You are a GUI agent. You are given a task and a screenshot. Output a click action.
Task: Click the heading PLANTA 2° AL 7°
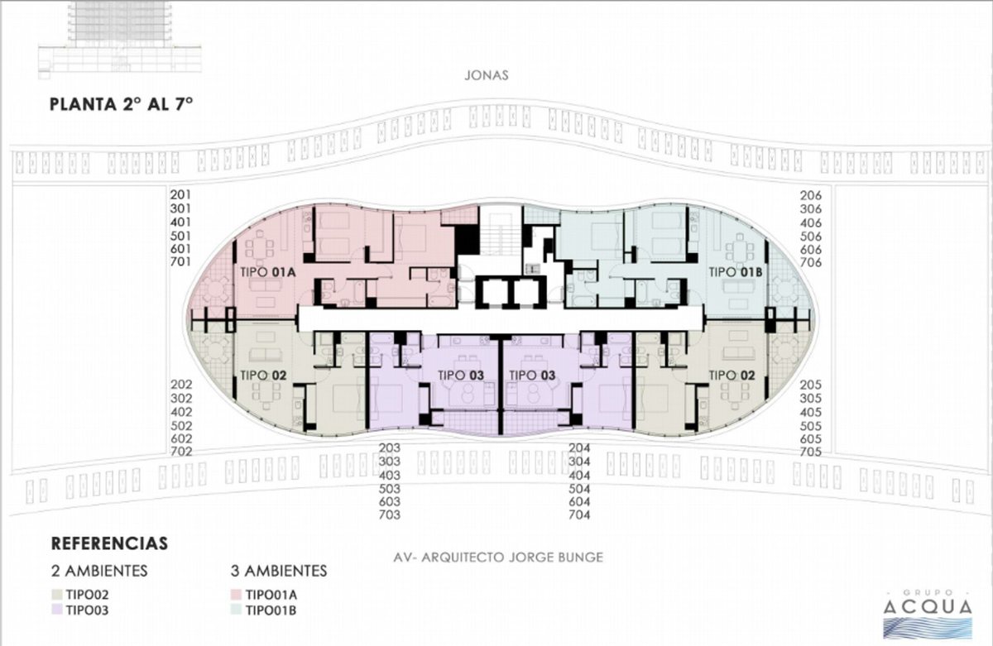tap(121, 104)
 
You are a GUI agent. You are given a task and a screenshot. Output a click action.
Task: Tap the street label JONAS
tap(487, 75)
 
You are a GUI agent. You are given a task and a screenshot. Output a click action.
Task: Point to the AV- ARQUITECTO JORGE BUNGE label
tap(498, 557)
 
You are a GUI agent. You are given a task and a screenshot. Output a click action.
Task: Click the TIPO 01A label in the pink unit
tap(268, 272)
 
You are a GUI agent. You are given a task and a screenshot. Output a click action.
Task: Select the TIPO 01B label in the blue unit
tap(736, 272)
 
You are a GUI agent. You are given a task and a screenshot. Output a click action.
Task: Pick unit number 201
tap(180, 194)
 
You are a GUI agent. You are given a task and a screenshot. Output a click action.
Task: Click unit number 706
tap(811, 263)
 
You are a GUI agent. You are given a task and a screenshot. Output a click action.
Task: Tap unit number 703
tap(390, 514)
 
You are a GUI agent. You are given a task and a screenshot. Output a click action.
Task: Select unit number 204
tap(579, 448)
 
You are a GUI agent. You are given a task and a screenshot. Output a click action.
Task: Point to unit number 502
tap(181, 426)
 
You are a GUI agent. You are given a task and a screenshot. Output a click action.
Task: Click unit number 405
tap(811, 412)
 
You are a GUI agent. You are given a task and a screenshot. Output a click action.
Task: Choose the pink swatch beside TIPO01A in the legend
tap(236, 594)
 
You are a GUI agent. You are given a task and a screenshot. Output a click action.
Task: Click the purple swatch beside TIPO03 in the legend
tap(57, 610)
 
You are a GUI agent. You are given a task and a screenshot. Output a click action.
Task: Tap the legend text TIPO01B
tap(271, 610)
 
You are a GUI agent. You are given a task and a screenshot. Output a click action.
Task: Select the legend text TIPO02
tap(88, 595)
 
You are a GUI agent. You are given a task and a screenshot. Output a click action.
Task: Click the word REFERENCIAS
tap(109, 543)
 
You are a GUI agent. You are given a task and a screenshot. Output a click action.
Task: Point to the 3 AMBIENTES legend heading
tap(279, 571)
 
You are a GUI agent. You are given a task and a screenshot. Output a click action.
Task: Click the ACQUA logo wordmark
tap(928, 606)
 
